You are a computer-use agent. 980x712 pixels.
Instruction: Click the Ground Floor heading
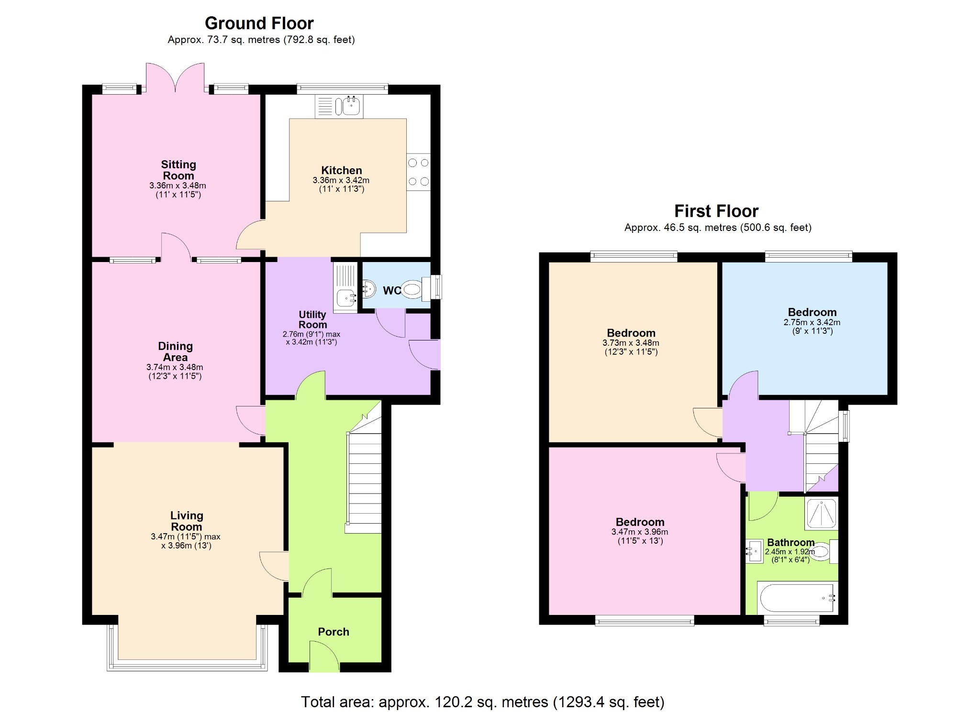(259, 23)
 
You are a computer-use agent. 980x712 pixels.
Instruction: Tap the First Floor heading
(716, 211)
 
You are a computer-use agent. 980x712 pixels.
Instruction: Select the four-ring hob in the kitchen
(418, 172)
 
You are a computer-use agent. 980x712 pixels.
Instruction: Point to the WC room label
(391, 291)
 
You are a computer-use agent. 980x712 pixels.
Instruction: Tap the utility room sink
(346, 298)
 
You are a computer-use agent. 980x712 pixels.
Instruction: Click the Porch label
(333, 632)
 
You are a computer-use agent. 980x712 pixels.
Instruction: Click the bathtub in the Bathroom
(797, 597)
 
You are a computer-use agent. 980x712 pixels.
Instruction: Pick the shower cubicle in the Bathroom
(821, 513)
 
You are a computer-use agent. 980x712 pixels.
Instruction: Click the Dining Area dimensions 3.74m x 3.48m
(175, 367)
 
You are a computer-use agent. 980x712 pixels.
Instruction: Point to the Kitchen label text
(341, 170)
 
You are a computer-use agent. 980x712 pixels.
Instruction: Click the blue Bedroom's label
(812, 312)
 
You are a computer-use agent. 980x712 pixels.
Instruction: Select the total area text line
(482, 701)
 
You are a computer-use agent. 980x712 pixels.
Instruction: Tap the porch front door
(324, 657)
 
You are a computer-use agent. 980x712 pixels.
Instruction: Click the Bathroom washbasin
(754, 551)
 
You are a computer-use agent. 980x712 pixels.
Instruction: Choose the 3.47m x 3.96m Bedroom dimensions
(639, 532)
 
